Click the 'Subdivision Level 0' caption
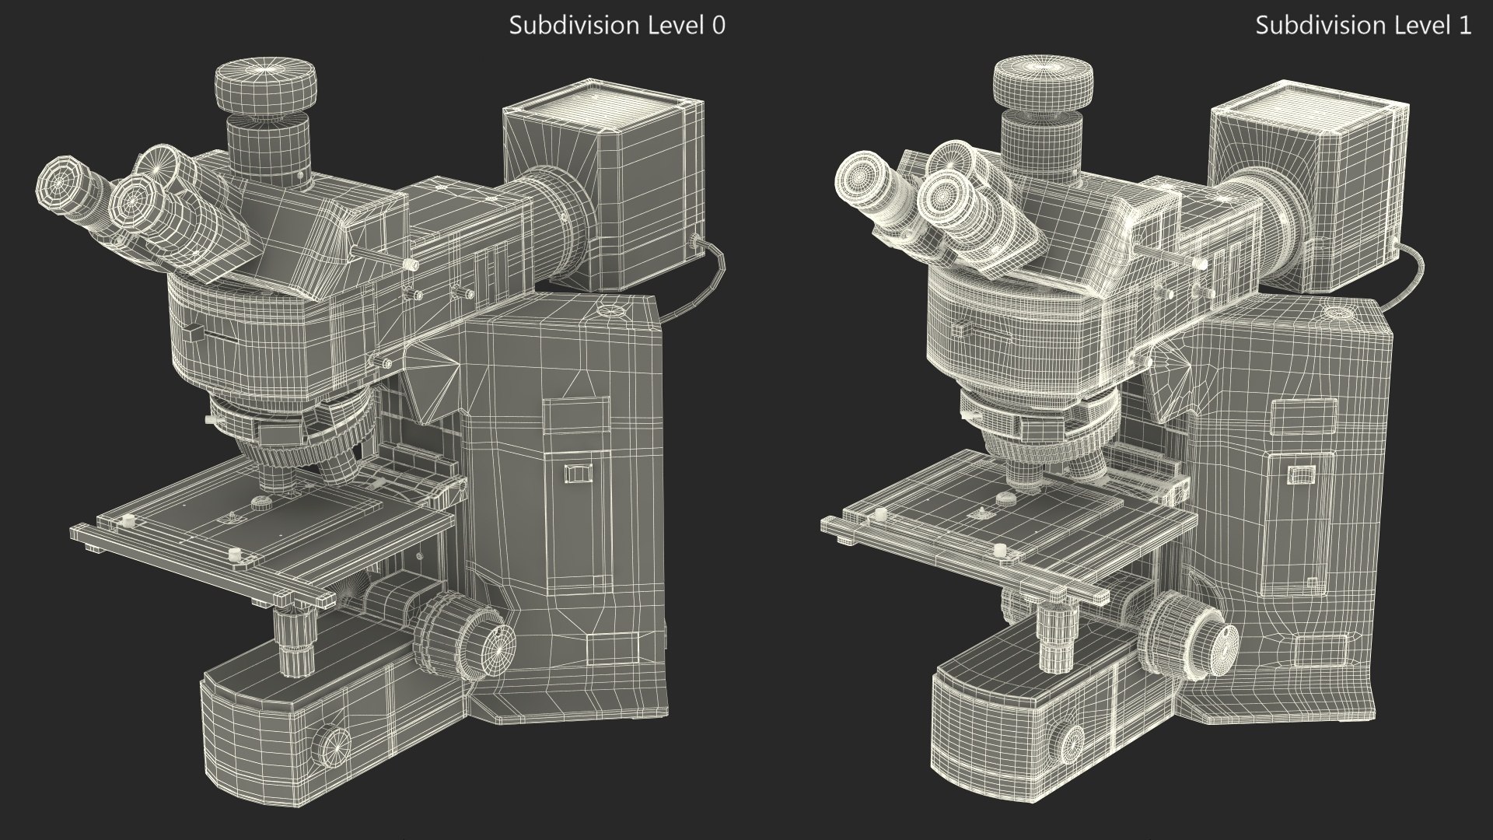tap(617, 25)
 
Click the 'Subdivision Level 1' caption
tap(1363, 25)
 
